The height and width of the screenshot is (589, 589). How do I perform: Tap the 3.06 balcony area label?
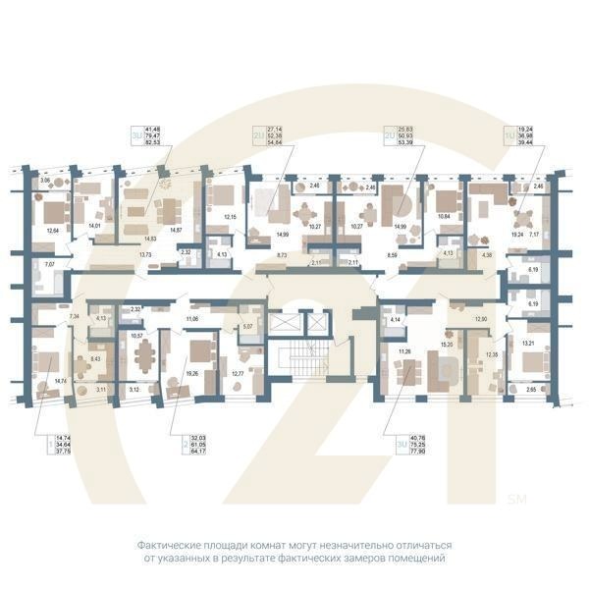tap(44, 182)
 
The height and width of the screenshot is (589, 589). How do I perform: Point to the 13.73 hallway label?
tap(145, 254)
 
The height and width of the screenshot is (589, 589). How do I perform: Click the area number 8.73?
tap(283, 254)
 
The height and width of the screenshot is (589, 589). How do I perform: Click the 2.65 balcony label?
tap(532, 390)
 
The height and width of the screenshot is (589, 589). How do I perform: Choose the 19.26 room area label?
tap(192, 373)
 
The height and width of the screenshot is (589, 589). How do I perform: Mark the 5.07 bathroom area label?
tap(247, 326)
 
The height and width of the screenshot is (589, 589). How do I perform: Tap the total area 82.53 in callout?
tap(154, 143)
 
